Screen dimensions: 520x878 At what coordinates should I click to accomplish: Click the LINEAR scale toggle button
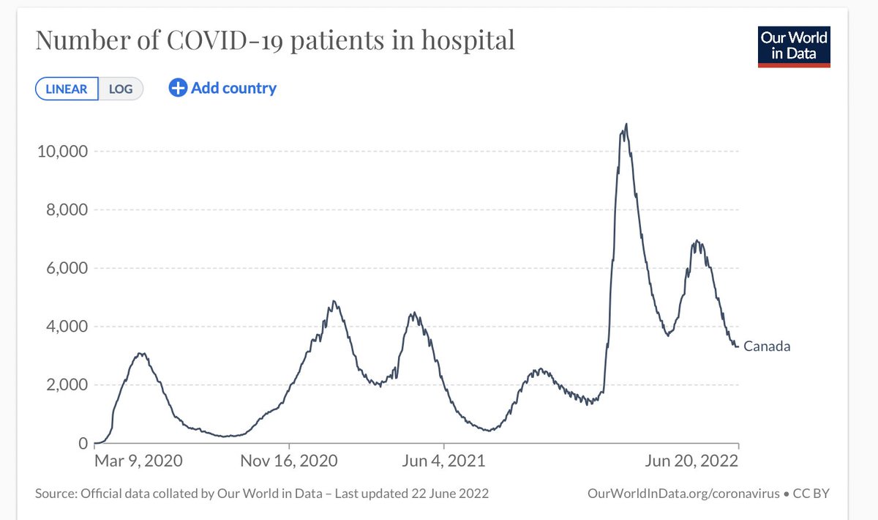point(67,89)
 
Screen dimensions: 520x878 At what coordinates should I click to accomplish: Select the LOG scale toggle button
point(121,89)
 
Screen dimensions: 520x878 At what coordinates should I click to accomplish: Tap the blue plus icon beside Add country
point(178,89)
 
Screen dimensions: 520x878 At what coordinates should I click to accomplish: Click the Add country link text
point(233,89)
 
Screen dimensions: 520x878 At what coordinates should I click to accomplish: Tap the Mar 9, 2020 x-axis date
point(138,461)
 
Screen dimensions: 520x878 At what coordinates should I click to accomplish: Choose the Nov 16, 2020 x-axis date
point(290,461)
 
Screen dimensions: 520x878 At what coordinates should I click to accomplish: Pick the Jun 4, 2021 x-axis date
point(443,461)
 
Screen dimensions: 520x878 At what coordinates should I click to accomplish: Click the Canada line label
point(767,347)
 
